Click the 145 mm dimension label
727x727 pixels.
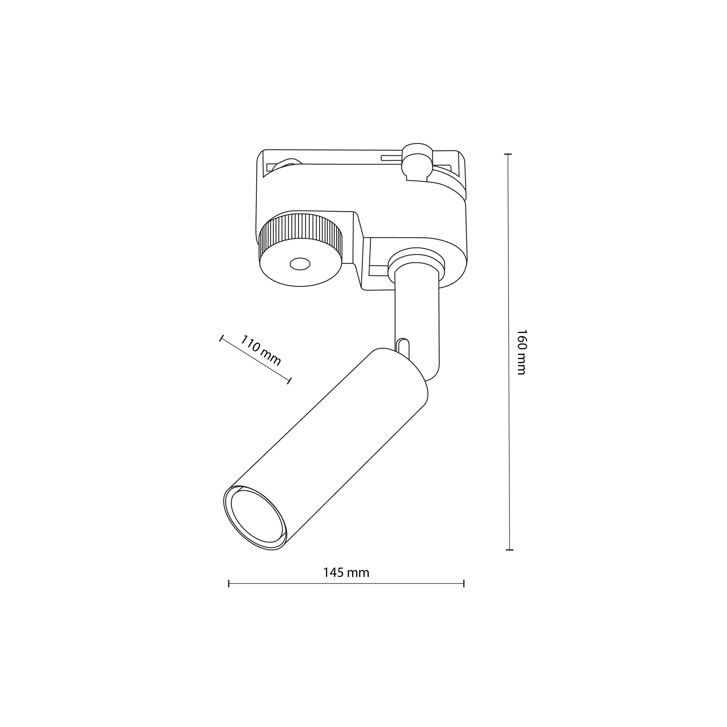346,573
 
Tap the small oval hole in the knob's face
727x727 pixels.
300,264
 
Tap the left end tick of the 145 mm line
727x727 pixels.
229,584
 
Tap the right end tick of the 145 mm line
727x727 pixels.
464,584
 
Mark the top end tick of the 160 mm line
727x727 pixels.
508,154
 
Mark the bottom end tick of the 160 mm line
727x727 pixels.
509,550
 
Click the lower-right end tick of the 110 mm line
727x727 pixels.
289,381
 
